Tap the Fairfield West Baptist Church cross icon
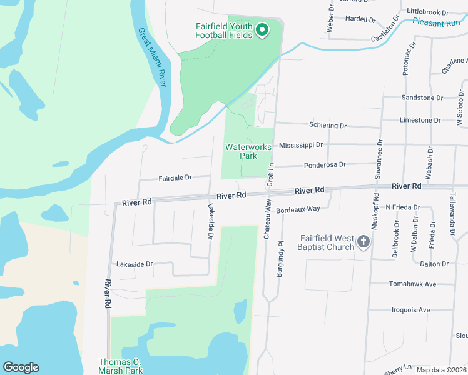tap(364, 242)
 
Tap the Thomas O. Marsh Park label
tap(121, 366)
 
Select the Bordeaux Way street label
tap(298, 210)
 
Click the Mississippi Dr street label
tap(301, 144)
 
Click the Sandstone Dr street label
tap(422, 98)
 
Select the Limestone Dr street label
tap(420, 120)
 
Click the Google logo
tap(21, 367)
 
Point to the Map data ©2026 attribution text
tap(441, 370)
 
